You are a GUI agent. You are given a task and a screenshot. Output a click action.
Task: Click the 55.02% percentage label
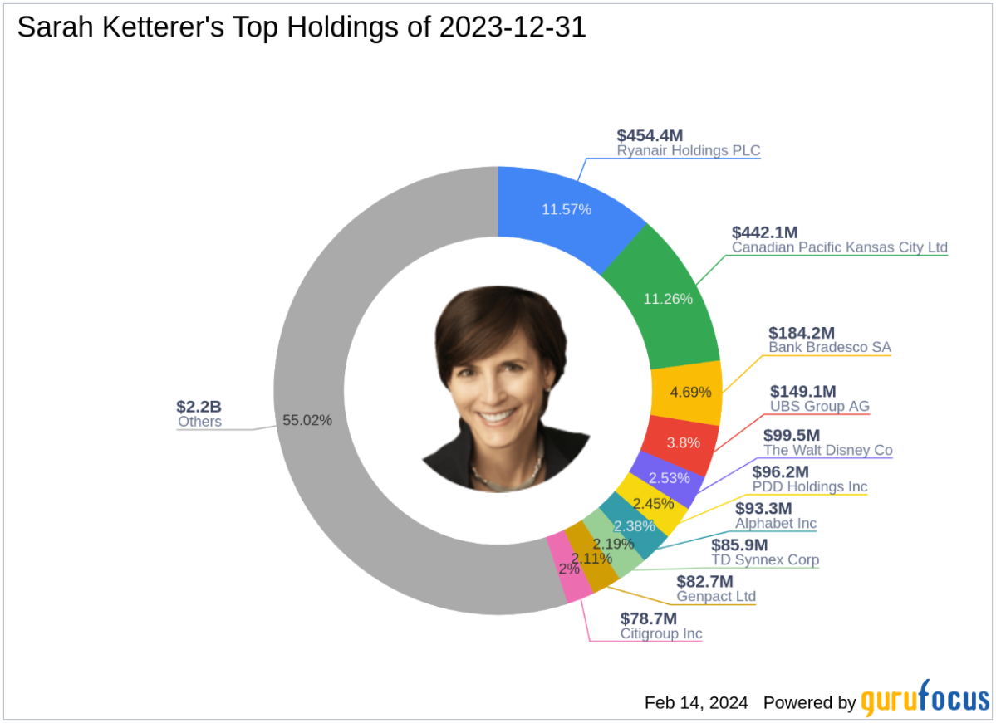[307, 420]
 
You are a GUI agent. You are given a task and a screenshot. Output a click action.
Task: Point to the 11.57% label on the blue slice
[566, 209]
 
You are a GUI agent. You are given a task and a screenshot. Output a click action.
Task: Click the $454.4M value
[655, 135]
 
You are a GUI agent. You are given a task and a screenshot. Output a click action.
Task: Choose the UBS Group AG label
[819, 406]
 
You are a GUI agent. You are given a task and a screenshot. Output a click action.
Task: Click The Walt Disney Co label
[827, 450]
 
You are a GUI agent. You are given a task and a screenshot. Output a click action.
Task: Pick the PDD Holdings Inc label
[809, 486]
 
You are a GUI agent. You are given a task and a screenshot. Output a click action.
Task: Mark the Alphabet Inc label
[775, 523]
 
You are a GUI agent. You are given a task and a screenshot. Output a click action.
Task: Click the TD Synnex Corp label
[764, 559]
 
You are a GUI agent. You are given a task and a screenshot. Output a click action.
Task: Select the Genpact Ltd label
[717, 596]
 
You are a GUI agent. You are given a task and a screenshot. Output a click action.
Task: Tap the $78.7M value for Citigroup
[648, 618]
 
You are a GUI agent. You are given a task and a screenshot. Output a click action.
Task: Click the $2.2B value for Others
[199, 407]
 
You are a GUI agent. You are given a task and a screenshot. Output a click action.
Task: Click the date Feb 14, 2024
[696, 702]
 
